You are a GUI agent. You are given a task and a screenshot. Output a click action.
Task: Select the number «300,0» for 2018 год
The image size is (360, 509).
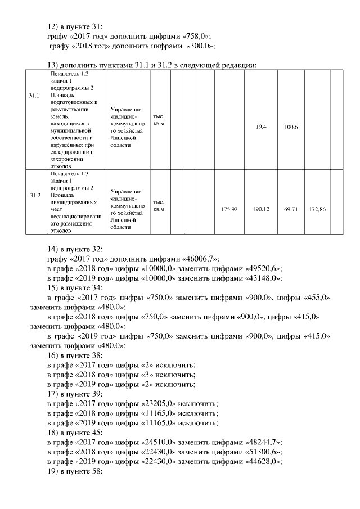(199, 46)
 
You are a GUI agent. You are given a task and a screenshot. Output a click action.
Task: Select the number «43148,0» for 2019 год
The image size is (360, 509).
(263, 278)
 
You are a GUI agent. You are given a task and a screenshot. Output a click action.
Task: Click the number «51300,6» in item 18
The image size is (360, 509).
(263, 452)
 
